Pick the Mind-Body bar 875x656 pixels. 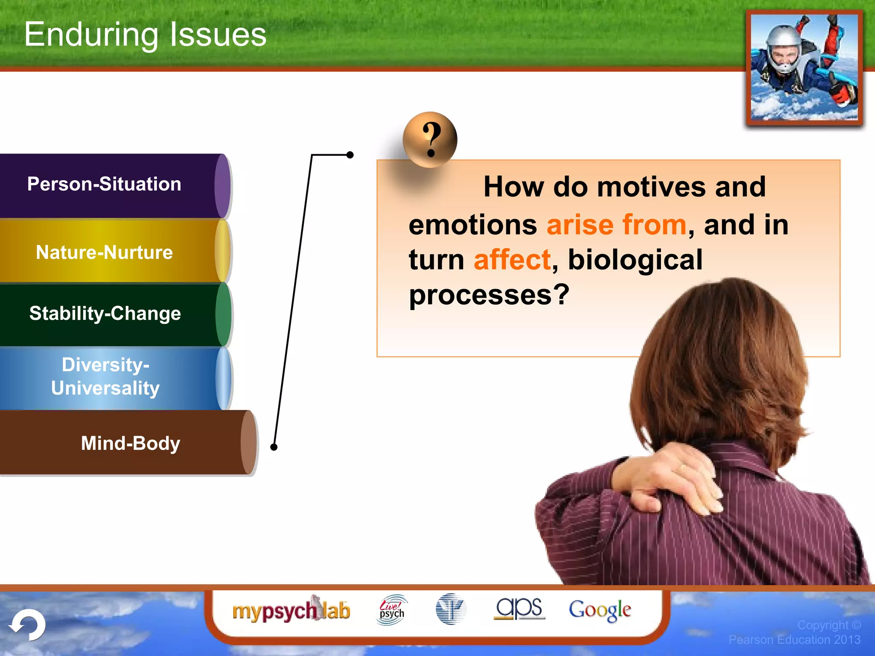128,443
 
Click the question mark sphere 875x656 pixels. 430,140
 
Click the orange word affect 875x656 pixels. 512,260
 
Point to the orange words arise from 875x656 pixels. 616,225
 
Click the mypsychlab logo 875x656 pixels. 291,610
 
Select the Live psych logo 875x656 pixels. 392,610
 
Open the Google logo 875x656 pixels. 599,610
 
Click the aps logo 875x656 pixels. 519,608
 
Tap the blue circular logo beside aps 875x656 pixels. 450,609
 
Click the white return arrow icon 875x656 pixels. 28,625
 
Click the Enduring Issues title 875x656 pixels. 145,35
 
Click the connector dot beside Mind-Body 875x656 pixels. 274,447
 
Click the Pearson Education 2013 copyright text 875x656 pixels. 795,639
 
